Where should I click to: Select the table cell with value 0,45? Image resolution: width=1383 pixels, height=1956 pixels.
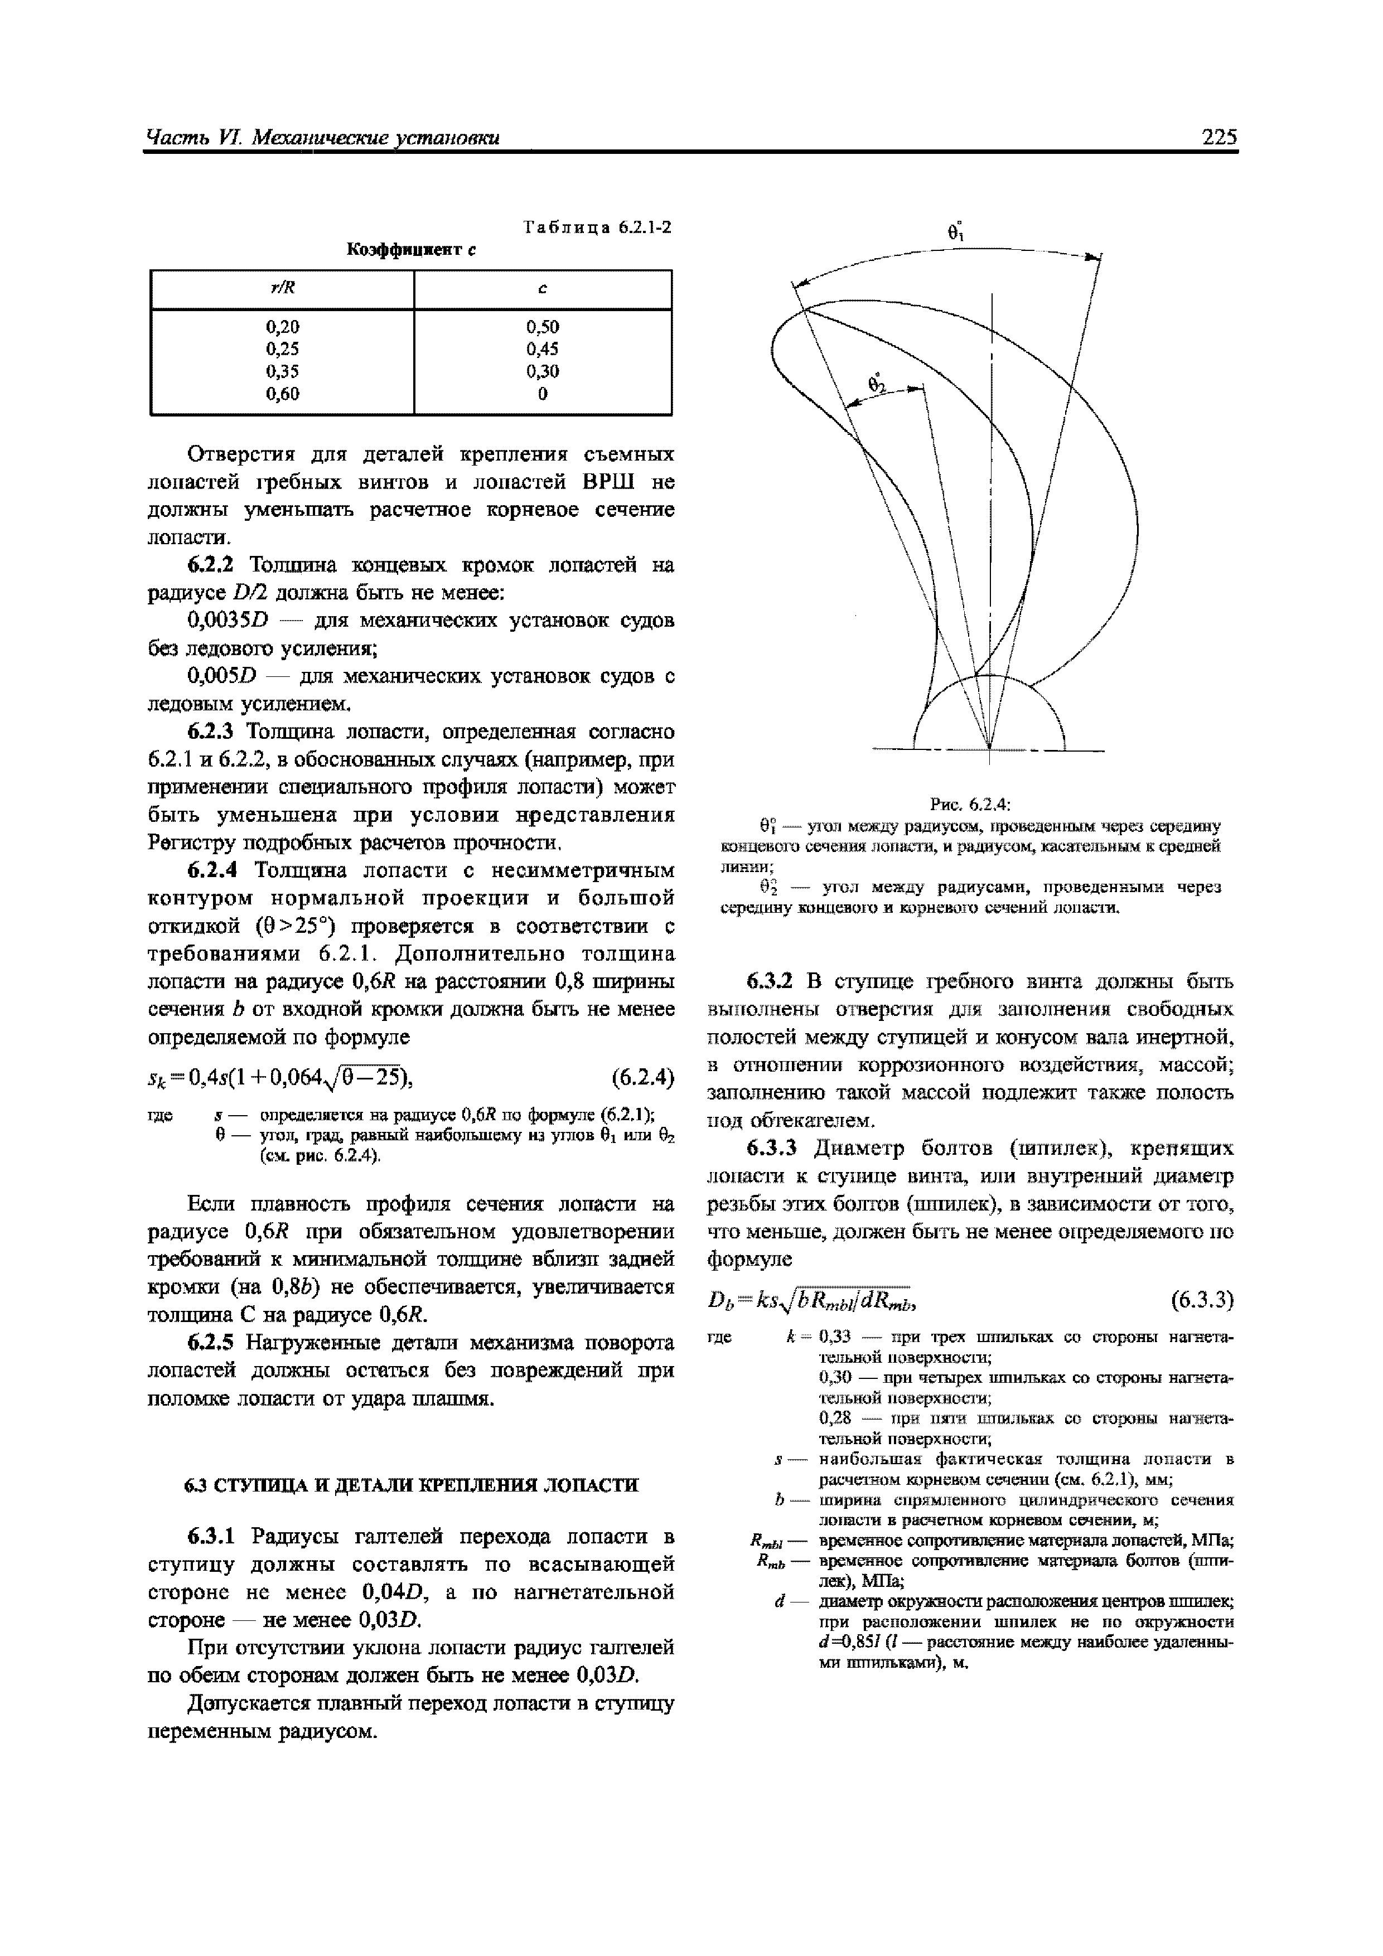click(x=543, y=348)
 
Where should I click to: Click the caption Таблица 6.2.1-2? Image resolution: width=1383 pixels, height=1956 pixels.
click(x=597, y=227)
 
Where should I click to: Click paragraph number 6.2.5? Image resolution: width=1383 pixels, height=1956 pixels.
click(x=212, y=1343)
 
